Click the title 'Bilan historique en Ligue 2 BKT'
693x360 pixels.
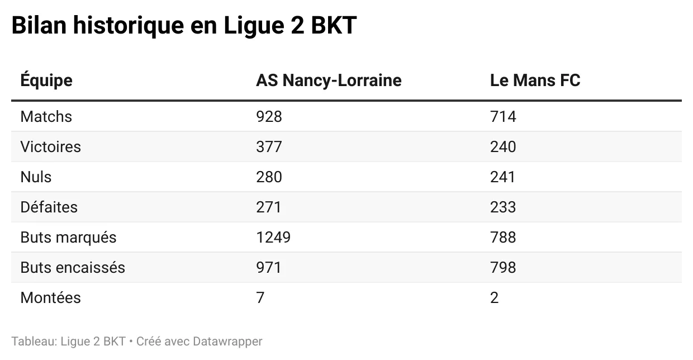(184, 26)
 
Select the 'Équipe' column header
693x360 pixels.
(46, 80)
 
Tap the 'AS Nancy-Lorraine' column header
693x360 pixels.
(329, 80)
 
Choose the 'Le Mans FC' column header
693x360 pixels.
(535, 80)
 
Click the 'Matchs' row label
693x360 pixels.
(46, 117)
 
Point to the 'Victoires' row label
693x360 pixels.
(50, 147)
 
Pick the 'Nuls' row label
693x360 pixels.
(36, 177)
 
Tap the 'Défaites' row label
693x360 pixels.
(49, 207)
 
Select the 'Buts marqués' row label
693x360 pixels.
(68, 238)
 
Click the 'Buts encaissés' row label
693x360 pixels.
(73, 268)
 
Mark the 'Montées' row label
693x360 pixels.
(50, 298)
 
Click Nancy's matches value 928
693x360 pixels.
(269, 117)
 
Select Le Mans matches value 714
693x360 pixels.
(503, 117)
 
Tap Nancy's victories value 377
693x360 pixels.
(269, 147)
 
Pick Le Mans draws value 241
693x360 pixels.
(502, 177)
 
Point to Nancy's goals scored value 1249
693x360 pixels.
(273, 238)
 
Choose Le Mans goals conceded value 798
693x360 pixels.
(503, 268)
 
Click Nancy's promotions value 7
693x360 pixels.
(260, 298)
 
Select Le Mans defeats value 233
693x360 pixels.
(503, 207)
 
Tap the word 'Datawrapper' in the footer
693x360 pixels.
(227, 341)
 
